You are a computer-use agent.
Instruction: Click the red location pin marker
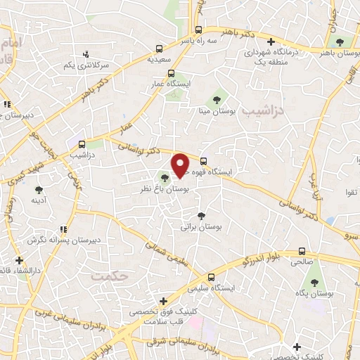tap(181, 165)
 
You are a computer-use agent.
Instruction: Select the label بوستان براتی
tap(197, 227)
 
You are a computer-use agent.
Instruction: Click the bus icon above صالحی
tap(302, 251)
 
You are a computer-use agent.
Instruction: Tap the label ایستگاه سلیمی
tap(208, 288)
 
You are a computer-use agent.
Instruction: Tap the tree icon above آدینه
tap(39, 188)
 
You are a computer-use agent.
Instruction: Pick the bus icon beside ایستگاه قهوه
tap(204, 160)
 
